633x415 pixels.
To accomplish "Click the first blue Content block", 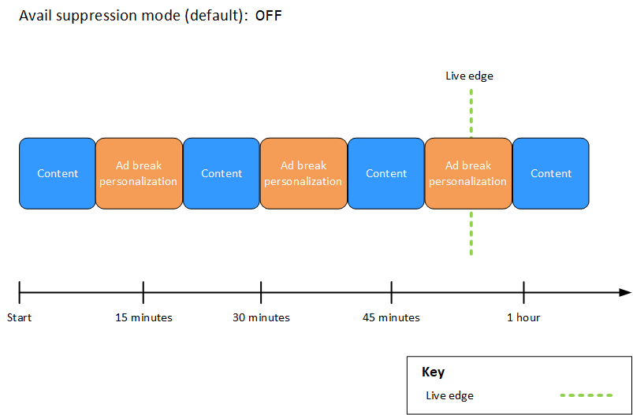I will pos(58,173).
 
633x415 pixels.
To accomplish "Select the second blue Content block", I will pos(222,173).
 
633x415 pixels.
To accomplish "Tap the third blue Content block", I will pos(386,173).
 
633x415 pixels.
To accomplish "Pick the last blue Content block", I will pos(551,173).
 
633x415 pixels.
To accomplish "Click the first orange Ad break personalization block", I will pos(139,173).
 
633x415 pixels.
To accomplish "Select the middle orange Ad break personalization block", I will pos(303,173).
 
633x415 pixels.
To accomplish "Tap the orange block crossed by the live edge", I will pos(468,173).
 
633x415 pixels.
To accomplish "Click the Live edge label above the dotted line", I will pos(469,76).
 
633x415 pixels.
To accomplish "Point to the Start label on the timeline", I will pos(19,317).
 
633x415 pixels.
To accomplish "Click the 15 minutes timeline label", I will pos(143,317).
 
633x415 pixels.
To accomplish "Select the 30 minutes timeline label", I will pos(261,317).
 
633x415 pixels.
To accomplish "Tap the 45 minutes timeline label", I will pos(391,317).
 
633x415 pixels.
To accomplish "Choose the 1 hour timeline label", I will pos(523,317).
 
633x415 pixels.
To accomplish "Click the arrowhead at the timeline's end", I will pos(625,292).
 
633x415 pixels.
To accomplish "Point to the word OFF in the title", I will pos(268,16).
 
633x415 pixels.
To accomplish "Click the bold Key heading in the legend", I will pos(433,372).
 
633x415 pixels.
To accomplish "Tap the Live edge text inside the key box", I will pos(449,395).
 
